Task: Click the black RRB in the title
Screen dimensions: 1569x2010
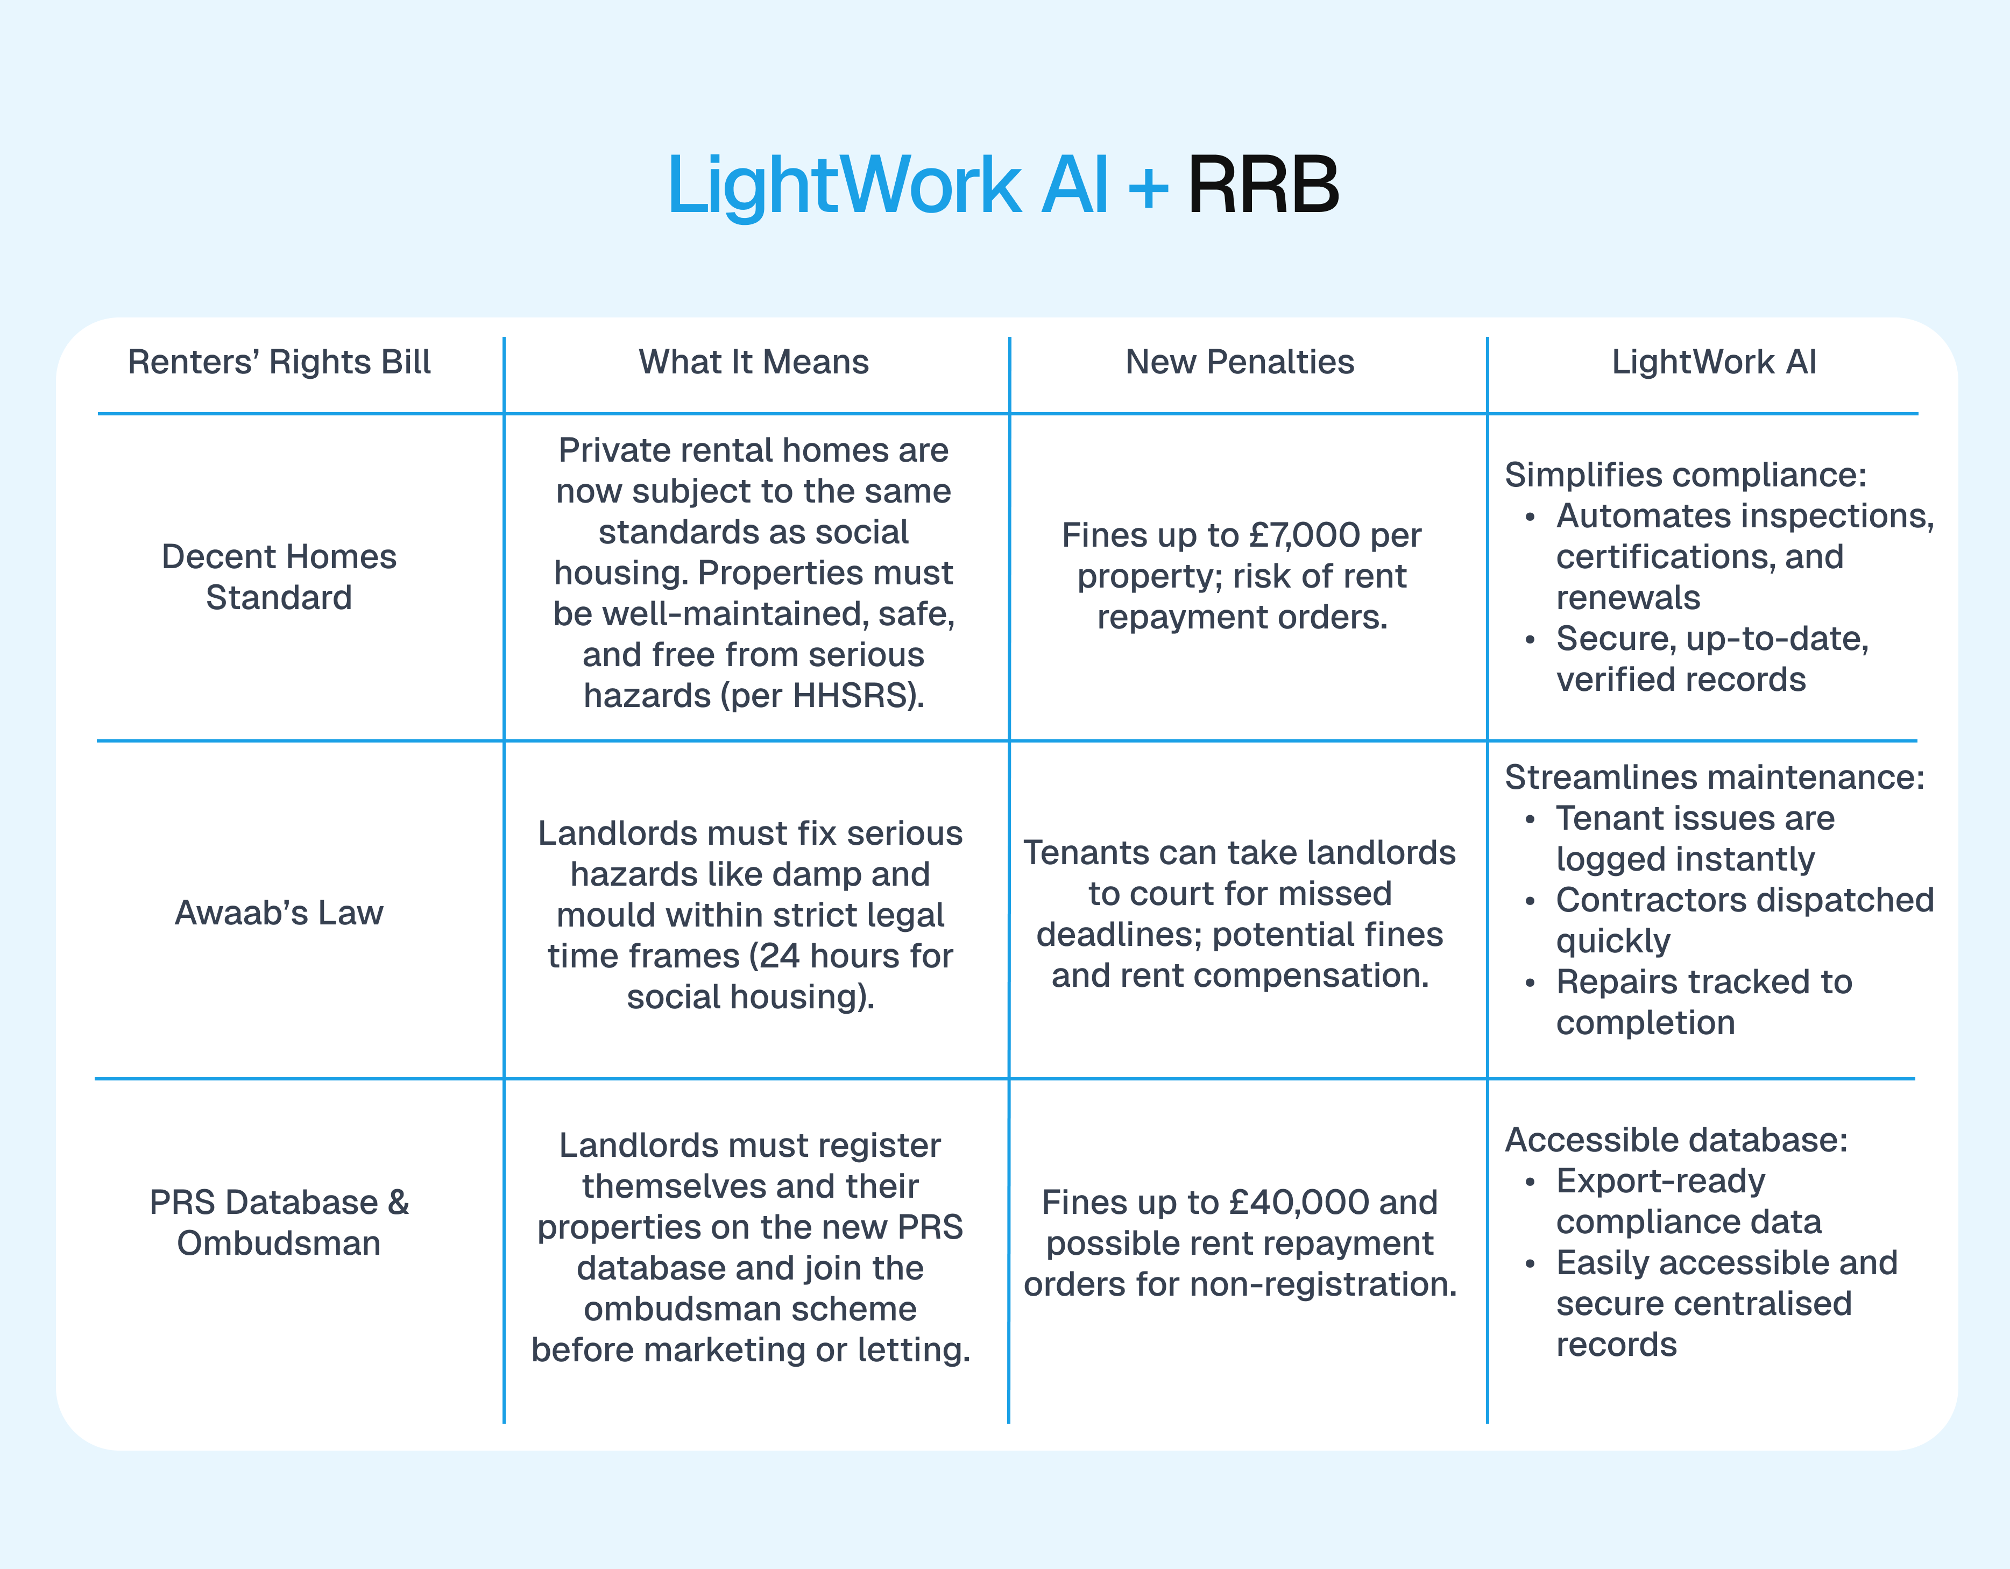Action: pos(1263,185)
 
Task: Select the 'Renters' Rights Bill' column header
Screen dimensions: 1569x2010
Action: pos(279,363)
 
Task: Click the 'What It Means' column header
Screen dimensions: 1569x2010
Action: pos(753,363)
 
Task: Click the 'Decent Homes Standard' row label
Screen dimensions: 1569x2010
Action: pos(279,577)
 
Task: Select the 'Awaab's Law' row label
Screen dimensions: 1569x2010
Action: pos(279,913)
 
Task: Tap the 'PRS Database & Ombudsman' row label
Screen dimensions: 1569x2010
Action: pos(279,1223)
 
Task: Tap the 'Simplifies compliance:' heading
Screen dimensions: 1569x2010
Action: pos(1685,475)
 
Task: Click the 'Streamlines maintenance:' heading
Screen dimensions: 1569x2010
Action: pos(1714,778)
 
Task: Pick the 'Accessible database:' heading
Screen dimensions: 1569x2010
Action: pos(1676,1140)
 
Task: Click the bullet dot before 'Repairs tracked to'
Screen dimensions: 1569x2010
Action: pos(1530,984)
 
